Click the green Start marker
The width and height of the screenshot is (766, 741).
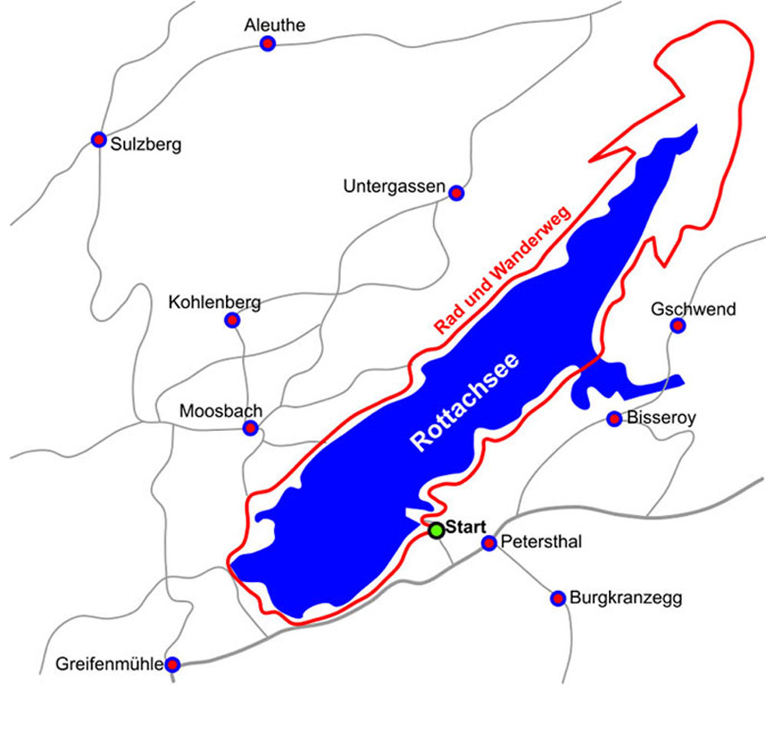point(436,530)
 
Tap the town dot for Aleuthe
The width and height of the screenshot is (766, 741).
point(267,44)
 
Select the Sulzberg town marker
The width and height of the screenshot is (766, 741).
point(98,139)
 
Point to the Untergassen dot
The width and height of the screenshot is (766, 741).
point(457,192)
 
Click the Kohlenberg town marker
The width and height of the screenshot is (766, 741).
point(232,322)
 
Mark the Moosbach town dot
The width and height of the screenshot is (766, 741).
point(250,428)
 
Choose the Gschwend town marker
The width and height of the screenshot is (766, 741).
point(677,326)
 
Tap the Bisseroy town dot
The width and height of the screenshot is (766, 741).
point(614,419)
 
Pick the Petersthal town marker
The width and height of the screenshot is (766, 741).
point(489,543)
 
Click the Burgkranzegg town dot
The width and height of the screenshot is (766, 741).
point(558,598)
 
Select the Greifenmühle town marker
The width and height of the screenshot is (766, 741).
point(173,664)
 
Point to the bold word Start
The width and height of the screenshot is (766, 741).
point(466,527)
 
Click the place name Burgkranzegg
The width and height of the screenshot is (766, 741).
point(625,598)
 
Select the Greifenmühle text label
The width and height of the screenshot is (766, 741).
point(110,664)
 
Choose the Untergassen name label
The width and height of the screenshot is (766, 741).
point(394,186)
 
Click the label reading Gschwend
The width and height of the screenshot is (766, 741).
point(692,309)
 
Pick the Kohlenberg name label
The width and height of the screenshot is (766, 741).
point(214,302)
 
